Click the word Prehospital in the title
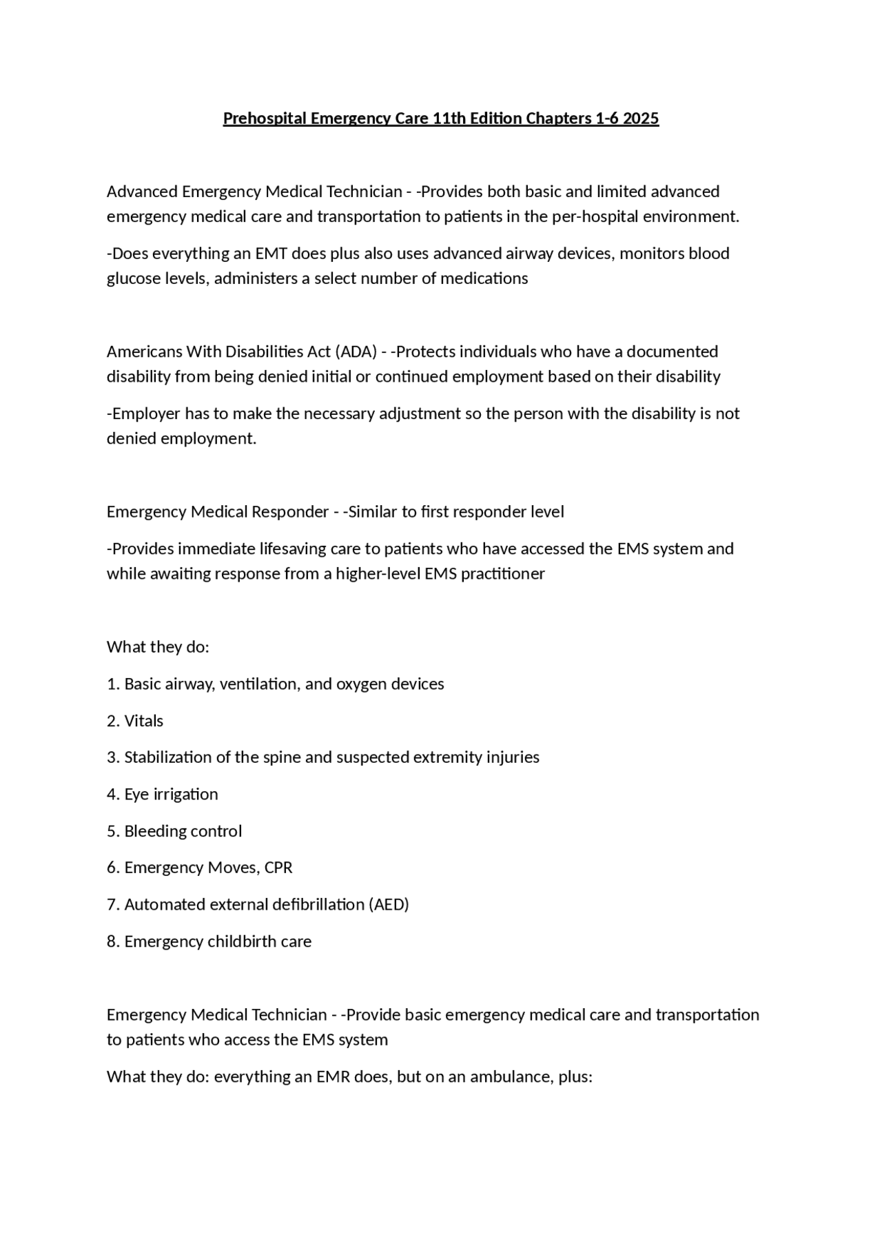(x=265, y=119)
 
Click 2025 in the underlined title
(x=641, y=119)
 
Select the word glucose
(x=131, y=278)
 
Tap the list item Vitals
(x=143, y=721)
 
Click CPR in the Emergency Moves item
(x=278, y=868)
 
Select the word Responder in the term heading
(x=289, y=512)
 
